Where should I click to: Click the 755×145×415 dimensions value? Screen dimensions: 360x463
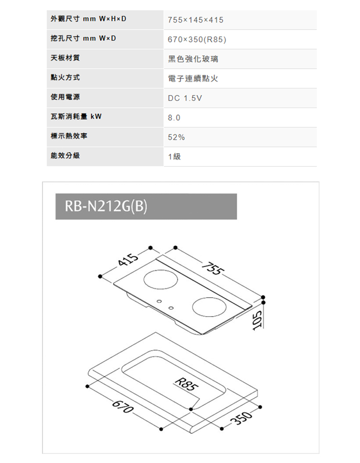195,20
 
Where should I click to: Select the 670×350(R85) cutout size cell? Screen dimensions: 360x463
197,39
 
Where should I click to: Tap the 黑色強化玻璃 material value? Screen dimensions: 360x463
193,59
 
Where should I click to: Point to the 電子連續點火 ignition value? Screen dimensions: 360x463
193,79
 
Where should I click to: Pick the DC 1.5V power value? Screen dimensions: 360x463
185,98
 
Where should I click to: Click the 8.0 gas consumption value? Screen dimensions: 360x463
174,118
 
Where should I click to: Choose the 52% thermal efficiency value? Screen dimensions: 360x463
176,137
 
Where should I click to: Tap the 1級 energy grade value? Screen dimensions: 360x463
174,157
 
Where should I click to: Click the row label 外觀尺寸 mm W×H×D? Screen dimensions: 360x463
88,19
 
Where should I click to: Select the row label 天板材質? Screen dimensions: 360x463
65,58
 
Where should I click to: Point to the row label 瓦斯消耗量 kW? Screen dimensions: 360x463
76,116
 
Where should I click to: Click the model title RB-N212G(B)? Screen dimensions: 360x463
106,207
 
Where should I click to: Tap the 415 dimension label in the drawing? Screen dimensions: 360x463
128,259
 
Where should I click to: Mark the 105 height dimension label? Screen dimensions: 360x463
257,319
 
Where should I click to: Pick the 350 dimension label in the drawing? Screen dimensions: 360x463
243,418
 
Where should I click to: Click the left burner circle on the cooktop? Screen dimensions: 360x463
161,279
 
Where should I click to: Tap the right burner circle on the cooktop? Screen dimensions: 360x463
209,307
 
